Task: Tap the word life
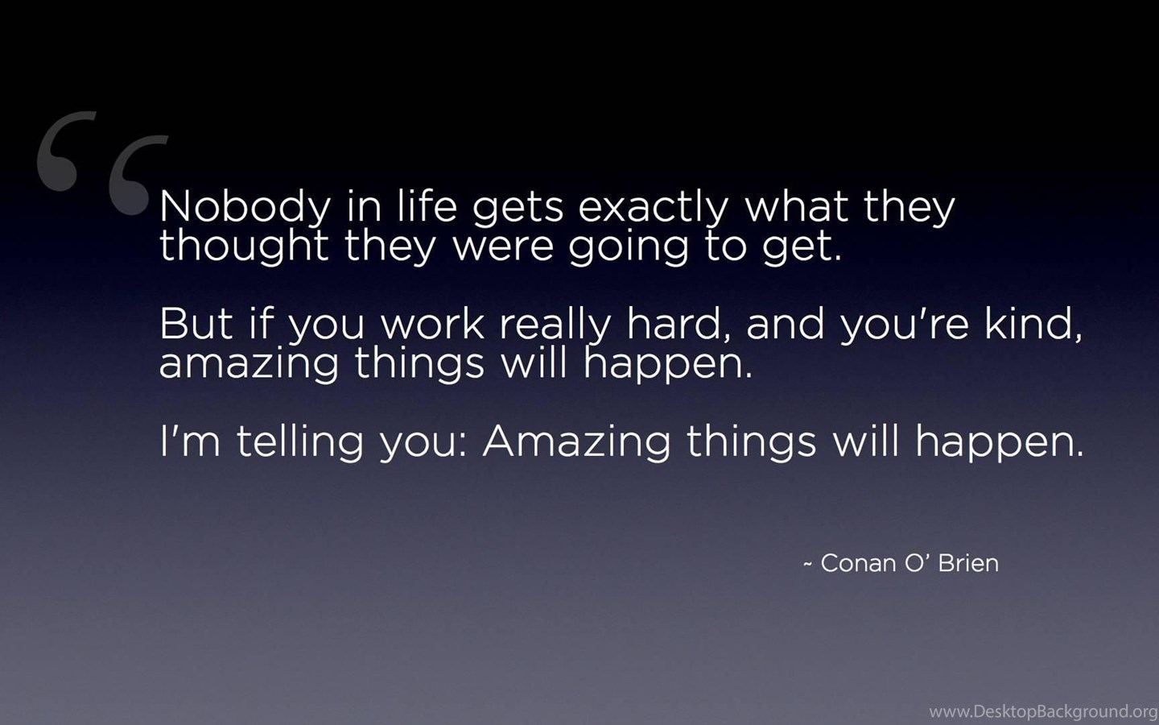click(x=427, y=205)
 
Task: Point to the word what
click(x=796, y=205)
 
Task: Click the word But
click(x=196, y=323)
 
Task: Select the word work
click(x=432, y=323)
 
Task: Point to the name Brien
click(x=968, y=563)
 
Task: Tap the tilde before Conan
click(x=808, y=565)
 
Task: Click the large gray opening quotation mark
click(x=102, y=163)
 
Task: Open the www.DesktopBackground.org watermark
click(x=1043, y=711)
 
